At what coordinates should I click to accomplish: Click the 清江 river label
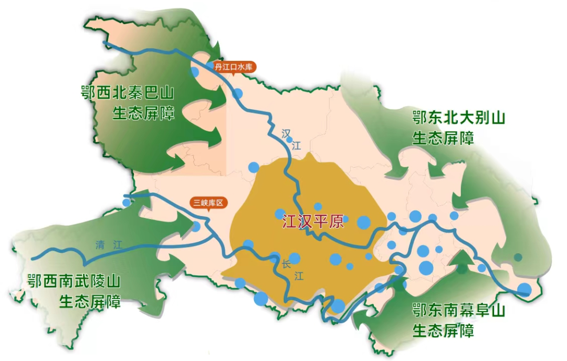pos(109,245)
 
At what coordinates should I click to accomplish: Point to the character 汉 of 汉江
pos(286,133)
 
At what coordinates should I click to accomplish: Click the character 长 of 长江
pos(286,264)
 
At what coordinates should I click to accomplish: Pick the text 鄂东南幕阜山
pos(458,311)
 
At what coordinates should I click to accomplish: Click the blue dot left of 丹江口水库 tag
pos(195,71)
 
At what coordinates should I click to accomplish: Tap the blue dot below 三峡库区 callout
pos(196,226)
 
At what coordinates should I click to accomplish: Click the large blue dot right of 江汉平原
pos(363,222)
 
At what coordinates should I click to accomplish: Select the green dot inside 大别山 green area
pos(518,257)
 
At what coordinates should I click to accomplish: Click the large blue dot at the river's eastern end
pos(524,290)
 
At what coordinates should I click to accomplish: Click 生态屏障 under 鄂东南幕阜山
pos(443,331)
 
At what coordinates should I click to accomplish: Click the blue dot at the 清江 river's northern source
pos(127,202)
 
